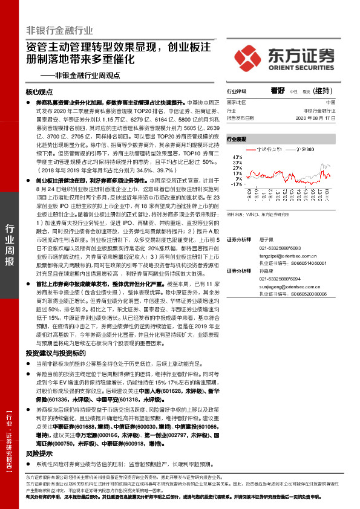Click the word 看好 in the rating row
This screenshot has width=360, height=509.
pyautogui.click(x=278, y=91)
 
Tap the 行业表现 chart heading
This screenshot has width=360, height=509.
pyautogui.click(x=237, y=138)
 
